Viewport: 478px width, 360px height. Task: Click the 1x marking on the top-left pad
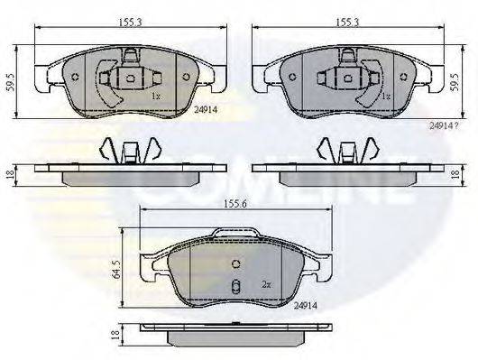pyautogui.click(x=154, y=95)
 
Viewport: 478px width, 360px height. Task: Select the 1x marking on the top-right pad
pyautogui.click(x=384, y=95)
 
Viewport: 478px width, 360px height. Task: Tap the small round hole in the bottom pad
pyautogui.click(x=234, y=264)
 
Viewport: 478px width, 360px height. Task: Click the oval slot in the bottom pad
pyautogui.click(x=234, y=289)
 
